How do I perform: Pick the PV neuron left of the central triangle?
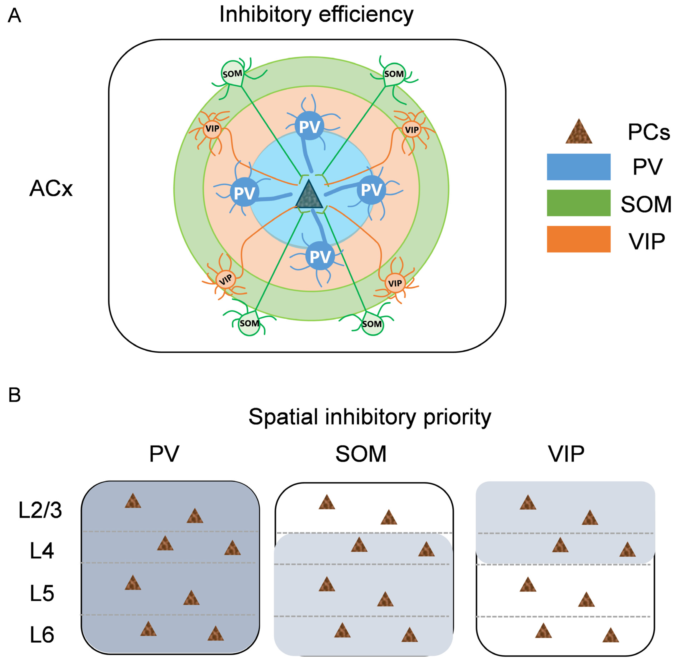pos(245,192)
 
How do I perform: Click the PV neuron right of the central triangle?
pos(371,190)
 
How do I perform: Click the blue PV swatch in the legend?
pos(578,167)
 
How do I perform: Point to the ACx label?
pos(51,189)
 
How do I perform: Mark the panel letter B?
pos(15,395)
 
